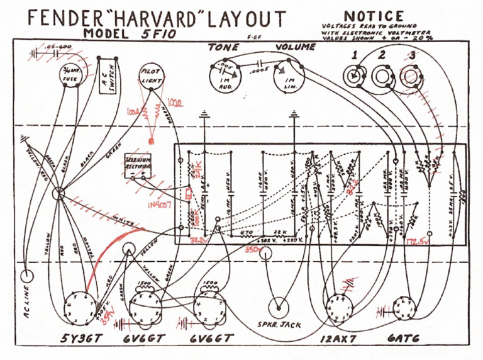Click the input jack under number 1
354,77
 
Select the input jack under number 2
381,77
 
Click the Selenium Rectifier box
138,164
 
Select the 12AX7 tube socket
338,307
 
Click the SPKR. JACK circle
277,308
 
